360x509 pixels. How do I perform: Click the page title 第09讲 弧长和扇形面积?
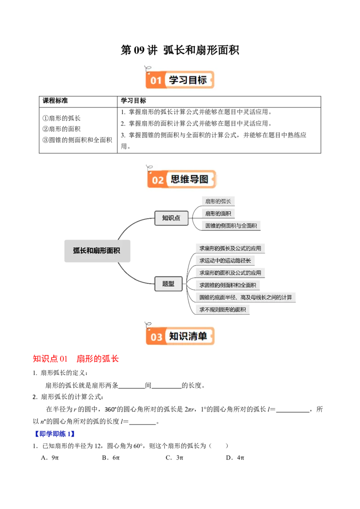[180, 50]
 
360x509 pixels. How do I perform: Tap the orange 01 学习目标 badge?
[180, 80]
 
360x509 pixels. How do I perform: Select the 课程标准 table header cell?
[55, 101]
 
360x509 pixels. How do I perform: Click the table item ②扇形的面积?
[61, 129]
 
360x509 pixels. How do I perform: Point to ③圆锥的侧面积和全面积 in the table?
[77, 140]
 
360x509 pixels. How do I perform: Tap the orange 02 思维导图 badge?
[181, 179]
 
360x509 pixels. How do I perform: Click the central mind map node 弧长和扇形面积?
[97, 250]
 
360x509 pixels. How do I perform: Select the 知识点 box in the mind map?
[171, 218]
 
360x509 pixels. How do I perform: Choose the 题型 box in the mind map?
[168, 284]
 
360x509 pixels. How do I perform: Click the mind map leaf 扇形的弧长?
[218, 201]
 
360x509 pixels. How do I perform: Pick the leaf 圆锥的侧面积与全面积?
[231, 226]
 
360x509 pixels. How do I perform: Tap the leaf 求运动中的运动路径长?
[225, 260]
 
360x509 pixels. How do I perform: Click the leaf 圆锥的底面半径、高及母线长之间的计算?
[246, 297]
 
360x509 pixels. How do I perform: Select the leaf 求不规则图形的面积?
[223, 310]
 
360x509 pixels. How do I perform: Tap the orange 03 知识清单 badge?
[180, 336]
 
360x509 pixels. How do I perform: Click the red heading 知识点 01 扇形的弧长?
[76, 359]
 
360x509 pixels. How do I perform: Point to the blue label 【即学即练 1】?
[54, 434]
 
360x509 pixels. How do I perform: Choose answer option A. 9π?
[49, 458]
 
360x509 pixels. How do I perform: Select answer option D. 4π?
[235, 458]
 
